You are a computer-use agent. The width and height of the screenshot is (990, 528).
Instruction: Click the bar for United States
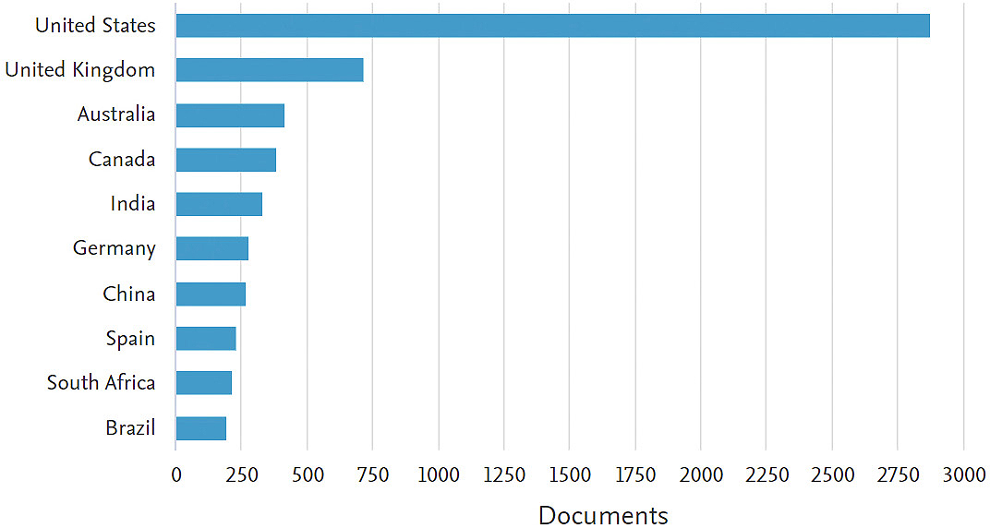(x=552, y=26)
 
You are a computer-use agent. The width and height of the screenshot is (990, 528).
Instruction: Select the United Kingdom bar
(x=269, y=70)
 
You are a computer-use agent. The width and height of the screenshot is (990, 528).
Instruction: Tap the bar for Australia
(x=230, y=115)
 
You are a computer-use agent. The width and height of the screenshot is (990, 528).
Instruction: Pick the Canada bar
(x=225, y=160)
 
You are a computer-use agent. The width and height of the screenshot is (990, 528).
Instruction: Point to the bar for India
(x=219, y=204)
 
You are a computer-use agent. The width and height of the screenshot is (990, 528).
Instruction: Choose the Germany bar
(x=211, y=249)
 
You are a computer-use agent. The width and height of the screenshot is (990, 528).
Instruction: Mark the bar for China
(x=211, y=294)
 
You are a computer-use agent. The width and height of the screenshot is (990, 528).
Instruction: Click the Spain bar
(x=206, y=339)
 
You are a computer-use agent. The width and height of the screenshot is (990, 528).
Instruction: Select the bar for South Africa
(x=203, y=383)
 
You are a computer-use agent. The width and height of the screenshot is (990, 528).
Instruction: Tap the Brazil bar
(x=200, y=428)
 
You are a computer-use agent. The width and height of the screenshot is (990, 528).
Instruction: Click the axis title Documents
(x=603, y=515)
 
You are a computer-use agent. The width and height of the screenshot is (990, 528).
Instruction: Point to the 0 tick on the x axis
(x=175, y=475)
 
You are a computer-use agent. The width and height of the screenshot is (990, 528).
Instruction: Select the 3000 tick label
(x=963, y=475)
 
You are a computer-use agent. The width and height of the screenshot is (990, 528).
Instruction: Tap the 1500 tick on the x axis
(x=569, y=475)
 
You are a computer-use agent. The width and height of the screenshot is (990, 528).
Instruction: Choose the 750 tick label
(x=372, y=475)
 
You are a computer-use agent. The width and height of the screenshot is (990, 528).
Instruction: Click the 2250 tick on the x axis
(x=766, y=475)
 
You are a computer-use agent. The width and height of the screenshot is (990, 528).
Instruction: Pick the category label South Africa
(x=101, y=383)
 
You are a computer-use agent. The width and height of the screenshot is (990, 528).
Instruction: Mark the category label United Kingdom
(x=79, y=70)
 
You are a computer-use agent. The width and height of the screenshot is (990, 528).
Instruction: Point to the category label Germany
(x=114, y=249)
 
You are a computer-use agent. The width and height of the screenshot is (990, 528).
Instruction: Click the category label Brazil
(x=129, y=428)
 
